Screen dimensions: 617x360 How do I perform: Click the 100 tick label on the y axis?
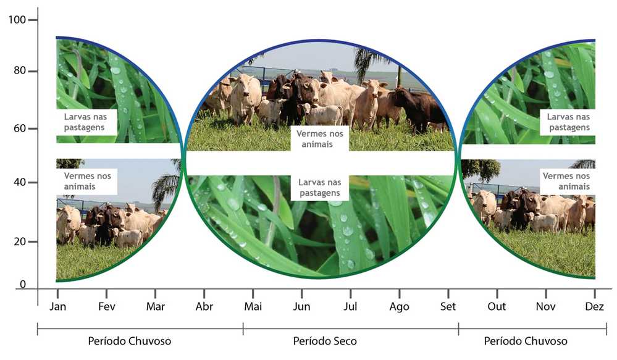coord(17,19)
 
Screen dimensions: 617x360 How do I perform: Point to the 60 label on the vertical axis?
coord(20,128)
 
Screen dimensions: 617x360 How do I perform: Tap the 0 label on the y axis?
coord(23,284)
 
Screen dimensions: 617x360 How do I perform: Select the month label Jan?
coord(58,306)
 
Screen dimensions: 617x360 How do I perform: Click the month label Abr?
coord(204,306)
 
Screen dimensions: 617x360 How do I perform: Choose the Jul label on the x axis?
coord(350,306)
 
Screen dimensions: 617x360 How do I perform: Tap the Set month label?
coord(448,306)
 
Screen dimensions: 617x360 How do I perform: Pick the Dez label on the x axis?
coord(594,306)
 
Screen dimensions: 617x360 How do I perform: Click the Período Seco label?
coord(325,341)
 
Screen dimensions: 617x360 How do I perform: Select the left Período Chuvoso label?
coord(130,341)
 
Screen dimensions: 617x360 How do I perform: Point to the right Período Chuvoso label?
coord(526,341)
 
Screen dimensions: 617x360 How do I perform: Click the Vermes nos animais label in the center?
coord(319,139)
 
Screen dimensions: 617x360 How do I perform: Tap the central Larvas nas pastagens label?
coord(319,188)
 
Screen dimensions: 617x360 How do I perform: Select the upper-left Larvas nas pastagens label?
coord(85,122)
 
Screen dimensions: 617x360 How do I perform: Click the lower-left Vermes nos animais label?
coord(87,181)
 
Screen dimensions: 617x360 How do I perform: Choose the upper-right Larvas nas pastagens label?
coord(569,122)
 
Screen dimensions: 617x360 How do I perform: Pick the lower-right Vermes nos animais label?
coord(566,181)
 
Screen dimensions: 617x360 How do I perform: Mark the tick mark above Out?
coord(497,293)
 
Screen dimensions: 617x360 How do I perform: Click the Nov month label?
coord(545,306)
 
